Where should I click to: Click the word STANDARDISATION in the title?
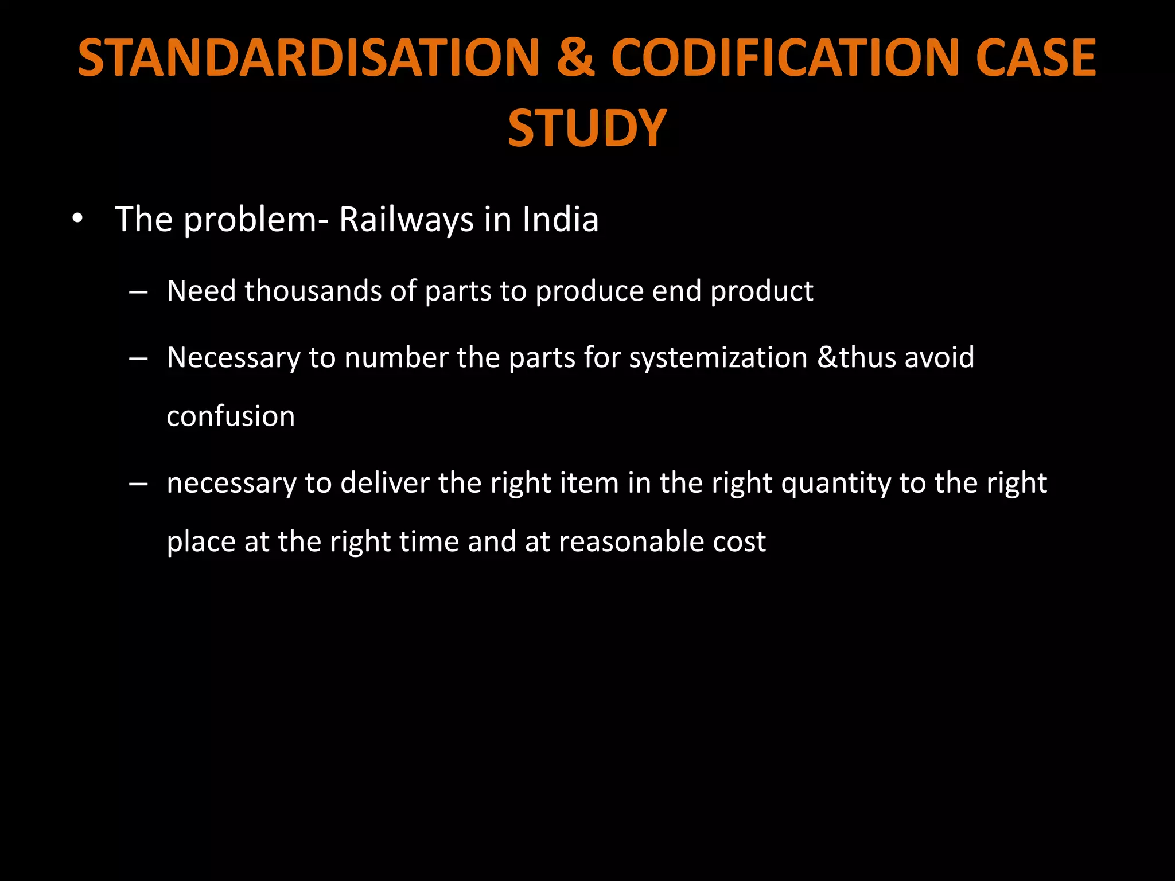coord(309,57)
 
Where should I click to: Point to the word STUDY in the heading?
coord(587,128)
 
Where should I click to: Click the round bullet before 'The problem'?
coord(77,219)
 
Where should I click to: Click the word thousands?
coord(313,291)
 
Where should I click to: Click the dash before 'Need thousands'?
coord(138,293)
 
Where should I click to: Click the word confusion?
coord(231,416)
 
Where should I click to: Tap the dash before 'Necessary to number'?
coord(138,359)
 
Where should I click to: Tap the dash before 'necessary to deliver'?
coord(138,484)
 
